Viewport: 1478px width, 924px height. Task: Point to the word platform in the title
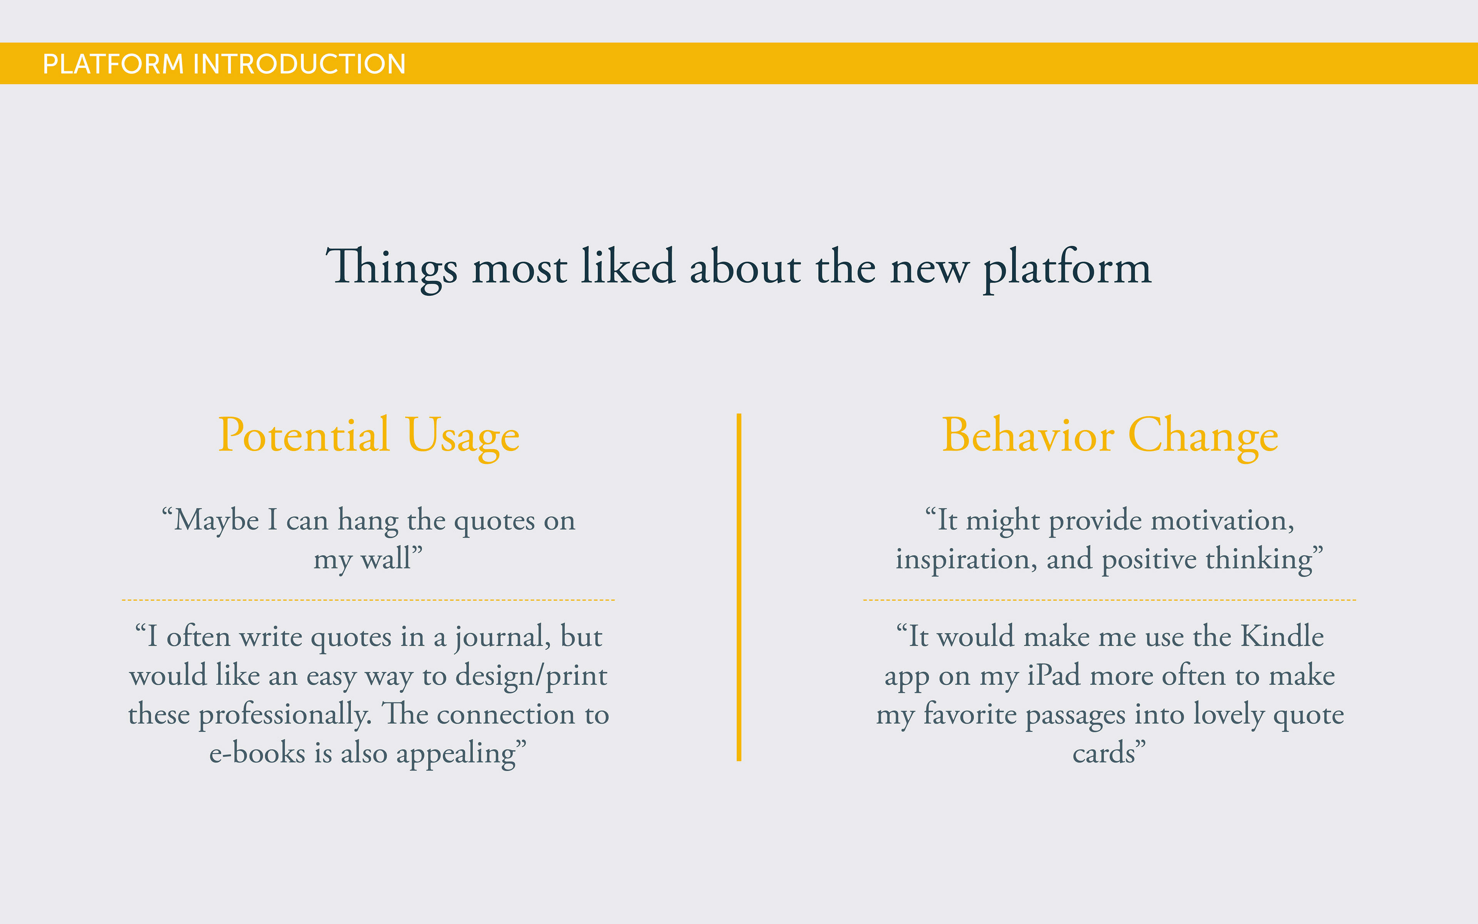[x=1067, y=269]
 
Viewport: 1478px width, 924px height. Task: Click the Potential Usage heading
[x=369, y=436]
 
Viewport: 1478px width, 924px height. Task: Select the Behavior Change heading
[x=1110, y=436]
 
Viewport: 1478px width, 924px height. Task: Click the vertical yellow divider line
[x=739, y=587]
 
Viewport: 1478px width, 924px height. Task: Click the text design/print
[x=531, y=676]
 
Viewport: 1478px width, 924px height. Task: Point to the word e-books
[x=257, y=753]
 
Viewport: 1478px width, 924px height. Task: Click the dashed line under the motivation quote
[x=1110, y=600]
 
